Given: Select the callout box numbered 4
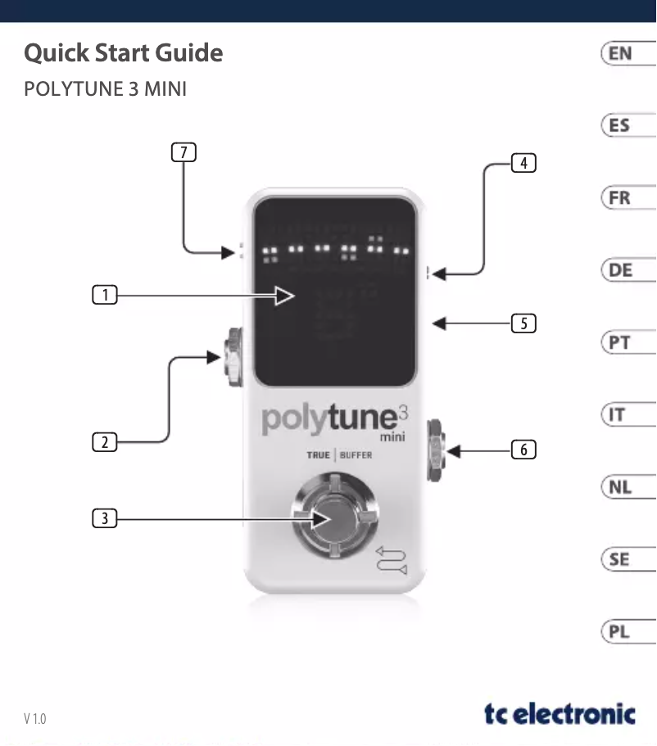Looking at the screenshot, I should tap(523, 162).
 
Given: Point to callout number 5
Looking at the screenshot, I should tap(523, 323).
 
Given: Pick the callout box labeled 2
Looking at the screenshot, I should tap(104, 443).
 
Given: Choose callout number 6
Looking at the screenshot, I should tap(523, 450).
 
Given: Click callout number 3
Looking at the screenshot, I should tap(104, 518).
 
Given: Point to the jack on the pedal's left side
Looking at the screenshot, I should tap(234, 358).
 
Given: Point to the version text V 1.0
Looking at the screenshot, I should tap(35, 719).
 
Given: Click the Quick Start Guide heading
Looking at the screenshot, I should tap(123, 53).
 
